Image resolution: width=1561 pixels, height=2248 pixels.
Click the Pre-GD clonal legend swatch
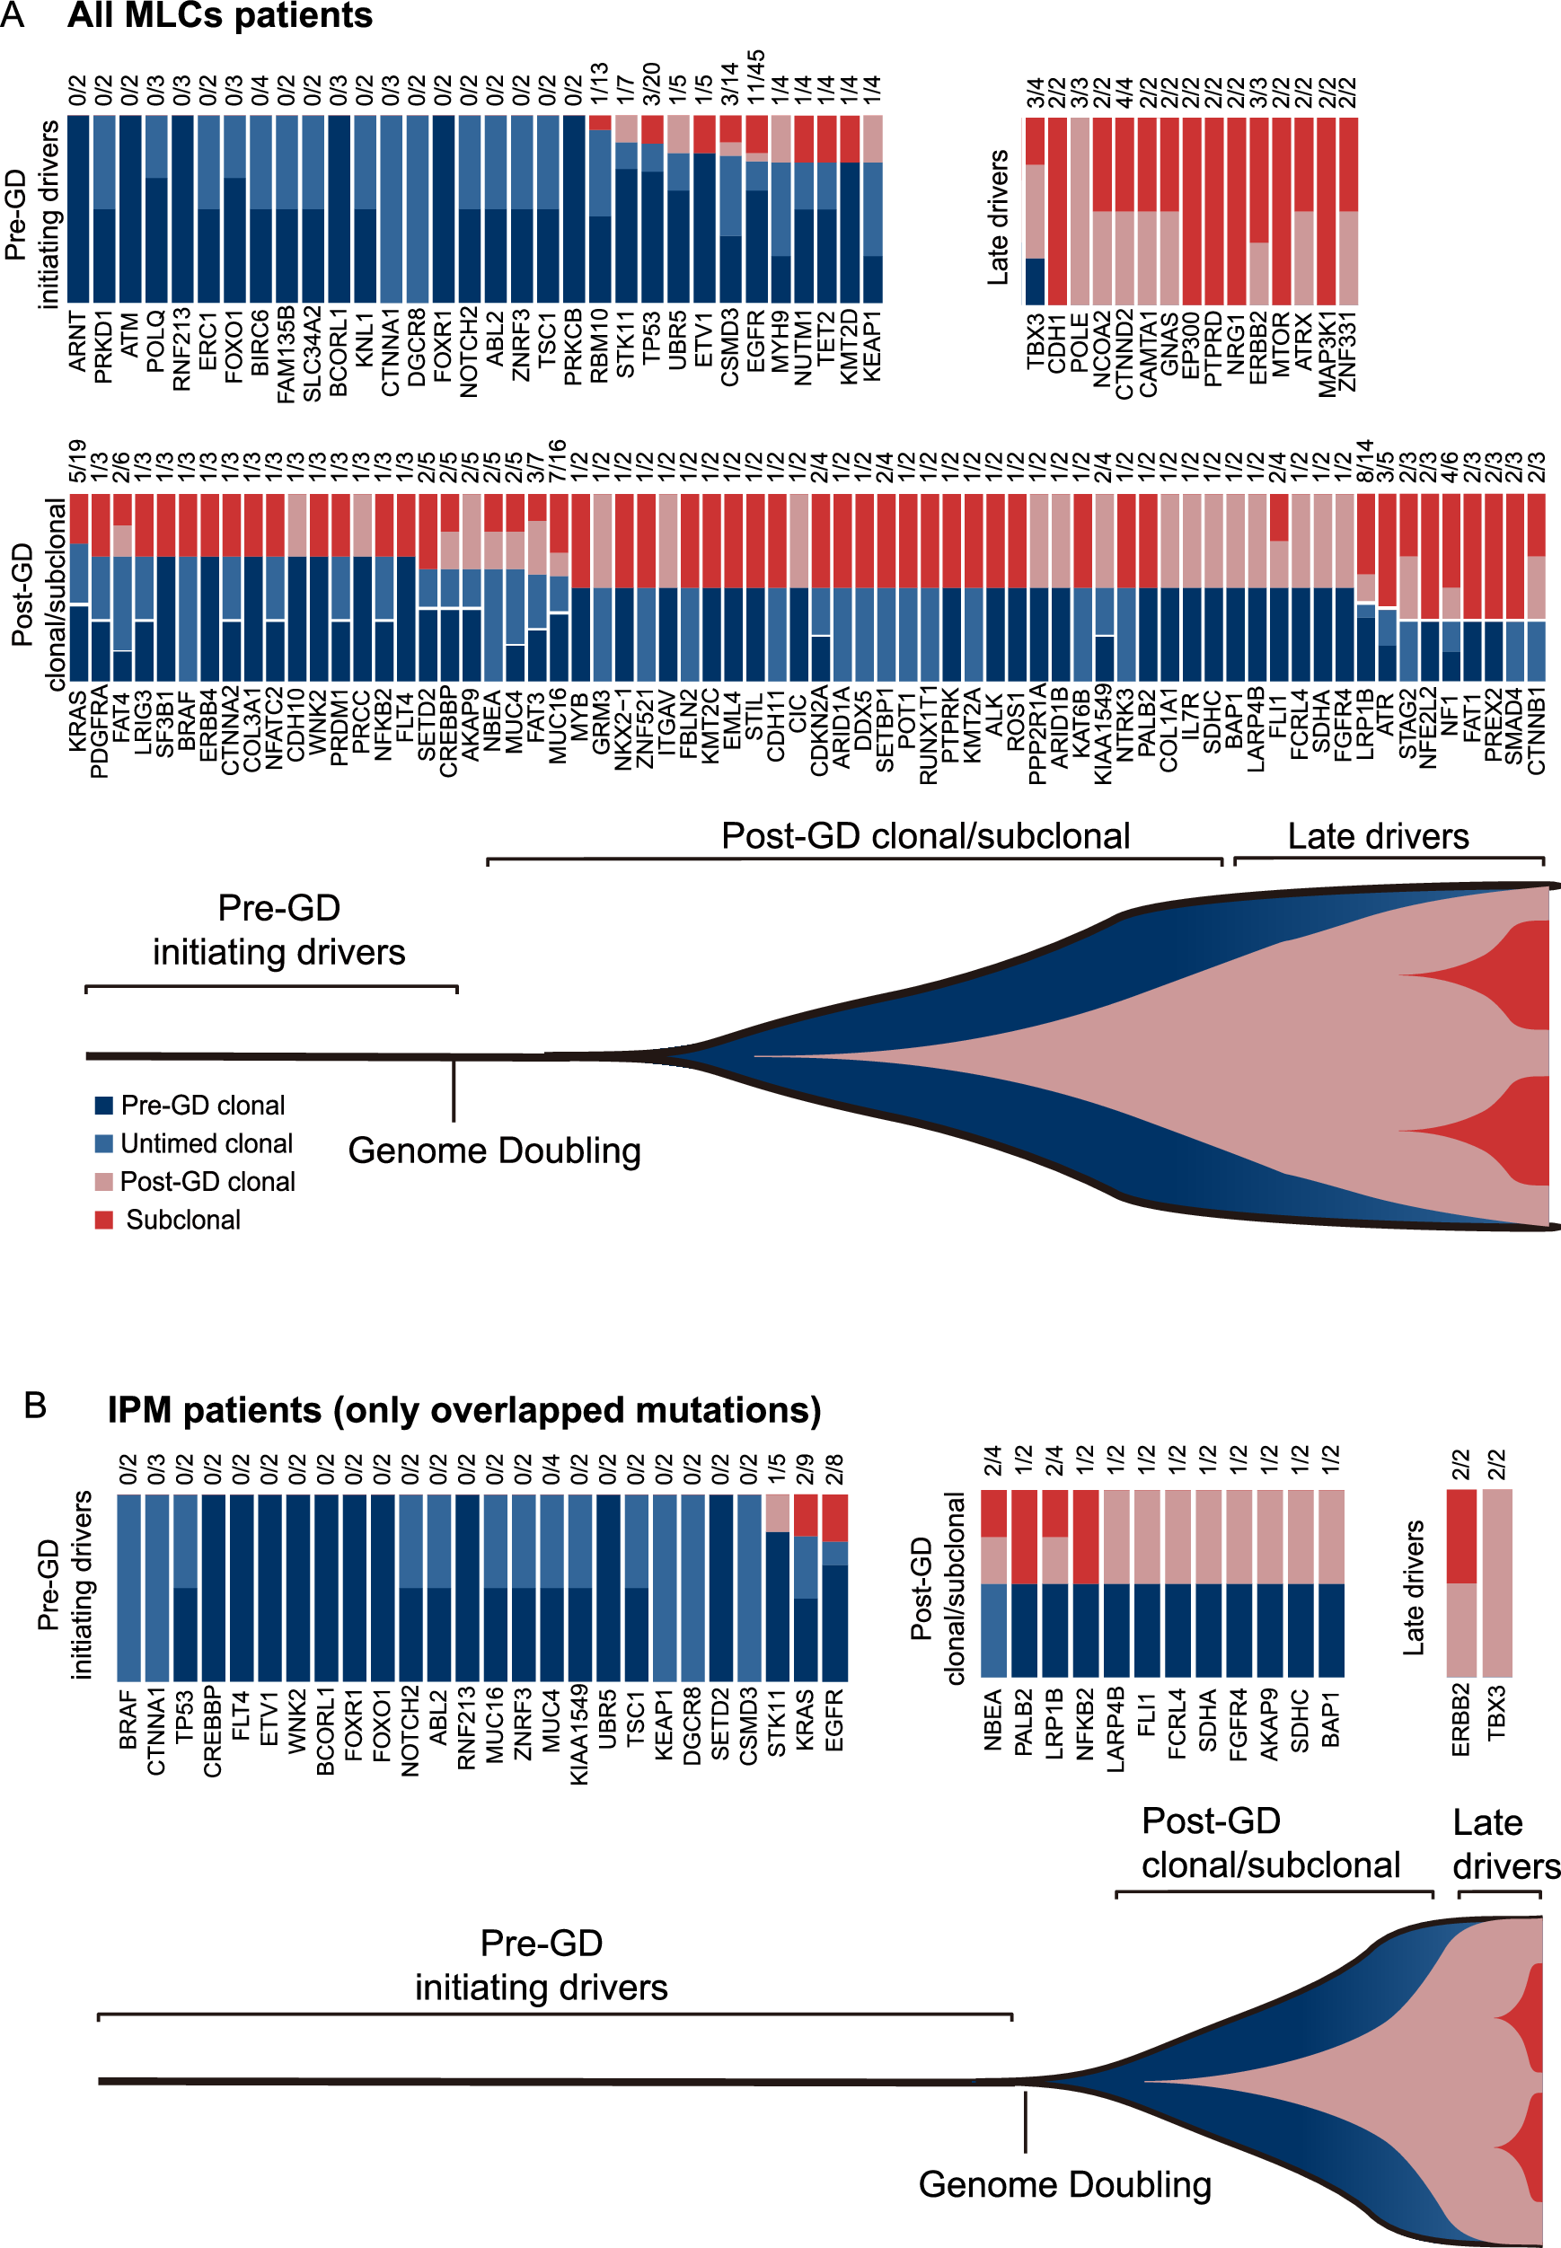[x=103, y=1105]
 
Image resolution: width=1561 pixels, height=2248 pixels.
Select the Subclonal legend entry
[x=182, y=1220]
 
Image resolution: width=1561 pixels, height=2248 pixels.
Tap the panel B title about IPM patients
[x=463, y=1410]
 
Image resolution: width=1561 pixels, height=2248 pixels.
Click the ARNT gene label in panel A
[x=78, y=341]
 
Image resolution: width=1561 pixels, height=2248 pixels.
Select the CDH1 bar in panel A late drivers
[x=1057, y=210]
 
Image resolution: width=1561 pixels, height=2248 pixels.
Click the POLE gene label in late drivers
[x=1080, y=342]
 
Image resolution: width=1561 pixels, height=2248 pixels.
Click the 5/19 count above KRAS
[x=78, y=461]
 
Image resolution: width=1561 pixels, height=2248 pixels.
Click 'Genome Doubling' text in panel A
[x=494, y=1150]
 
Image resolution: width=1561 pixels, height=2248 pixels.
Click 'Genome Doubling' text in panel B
[x=1064, y=2183]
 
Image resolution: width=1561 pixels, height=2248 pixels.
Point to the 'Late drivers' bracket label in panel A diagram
[x=1377, y=836]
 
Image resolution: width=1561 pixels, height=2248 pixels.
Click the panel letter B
[x=35, y=1406]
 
